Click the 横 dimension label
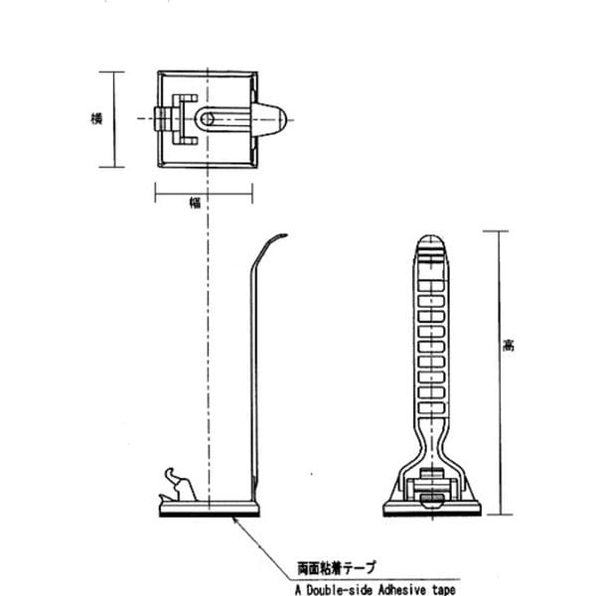(96, 118)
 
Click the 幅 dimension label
(195, 203)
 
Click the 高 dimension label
(509, 346)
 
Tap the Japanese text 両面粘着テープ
(336, 568)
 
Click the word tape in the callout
(444, 590)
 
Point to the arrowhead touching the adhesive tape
(235, 520)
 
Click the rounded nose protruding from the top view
(270, 119)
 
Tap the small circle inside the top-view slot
(207, 119)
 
